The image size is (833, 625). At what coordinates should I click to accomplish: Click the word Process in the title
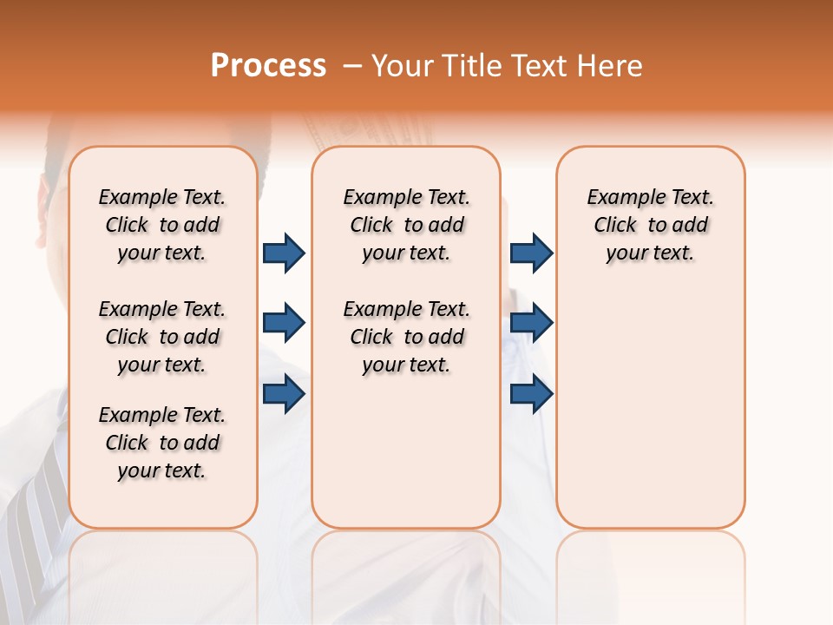point(268,65)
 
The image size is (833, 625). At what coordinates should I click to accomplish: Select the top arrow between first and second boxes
point(284,253)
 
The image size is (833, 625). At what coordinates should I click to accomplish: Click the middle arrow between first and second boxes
point(284,323)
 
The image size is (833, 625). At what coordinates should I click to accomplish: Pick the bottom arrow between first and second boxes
point(284,394)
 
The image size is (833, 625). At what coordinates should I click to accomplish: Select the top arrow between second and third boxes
point(531,253)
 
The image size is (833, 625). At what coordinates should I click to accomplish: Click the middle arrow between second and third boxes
point(531,323)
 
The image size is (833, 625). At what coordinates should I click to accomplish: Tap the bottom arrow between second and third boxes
point(531,394)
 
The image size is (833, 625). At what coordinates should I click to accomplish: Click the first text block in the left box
point(162,225)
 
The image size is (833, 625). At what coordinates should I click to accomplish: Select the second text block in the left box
point(162,337)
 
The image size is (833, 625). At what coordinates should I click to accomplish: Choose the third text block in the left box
point(162,443)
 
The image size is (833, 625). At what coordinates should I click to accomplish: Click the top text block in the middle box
point(406,225)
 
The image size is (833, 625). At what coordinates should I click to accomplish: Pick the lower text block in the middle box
point(406,337)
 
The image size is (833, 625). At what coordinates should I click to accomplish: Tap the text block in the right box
point(650,225)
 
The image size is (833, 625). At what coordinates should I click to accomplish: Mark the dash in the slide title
point(351,66)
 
